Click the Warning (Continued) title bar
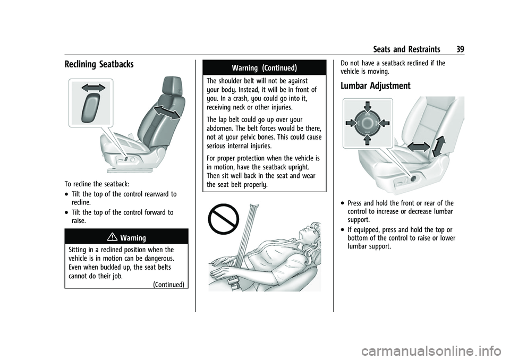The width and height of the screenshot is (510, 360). (x=260, y=67)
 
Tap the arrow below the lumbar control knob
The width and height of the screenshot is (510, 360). (x=367, y=139)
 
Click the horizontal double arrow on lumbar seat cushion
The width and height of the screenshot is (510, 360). (x=419, y=147)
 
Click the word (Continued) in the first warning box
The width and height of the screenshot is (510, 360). (x=168, y=284)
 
